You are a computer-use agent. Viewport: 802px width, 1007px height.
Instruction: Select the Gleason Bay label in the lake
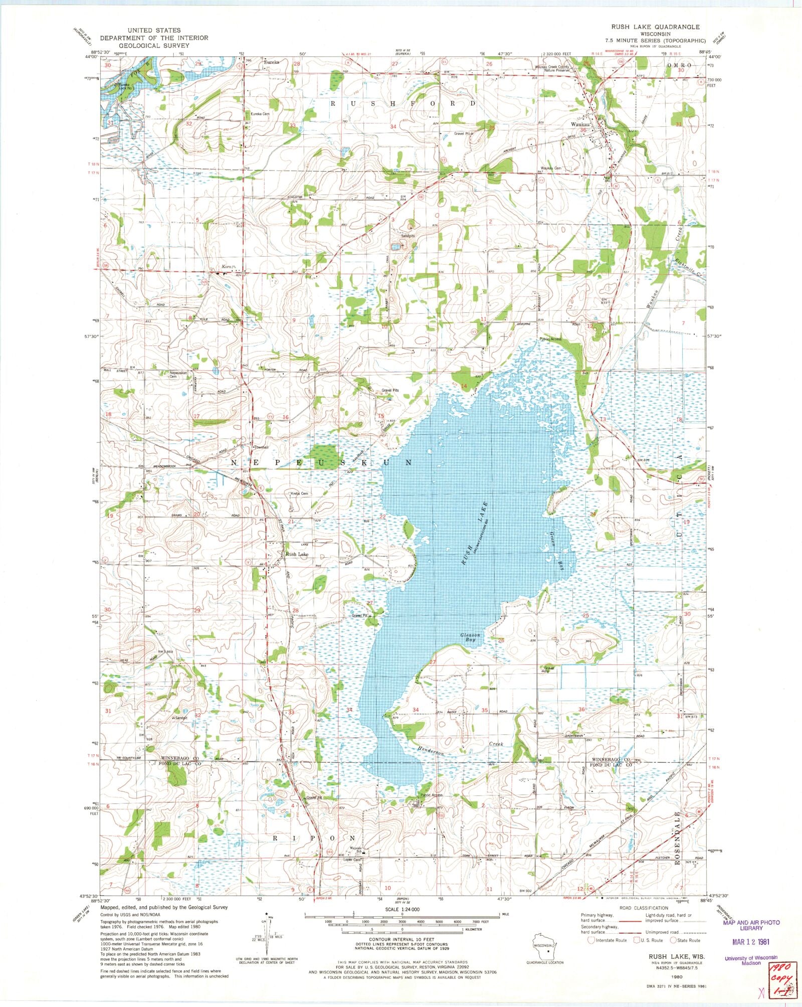point(470,637)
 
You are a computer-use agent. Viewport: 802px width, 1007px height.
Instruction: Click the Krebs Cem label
point(299,493)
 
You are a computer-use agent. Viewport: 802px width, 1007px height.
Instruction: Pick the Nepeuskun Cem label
point(179,375)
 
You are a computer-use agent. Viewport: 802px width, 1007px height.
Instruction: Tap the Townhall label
point(261,447)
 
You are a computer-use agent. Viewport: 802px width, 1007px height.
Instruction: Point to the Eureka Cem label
point(260,114)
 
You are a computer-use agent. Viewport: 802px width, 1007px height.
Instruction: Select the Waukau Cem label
point(550,168)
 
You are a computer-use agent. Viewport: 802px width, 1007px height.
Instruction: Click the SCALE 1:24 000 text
point(402,909)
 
